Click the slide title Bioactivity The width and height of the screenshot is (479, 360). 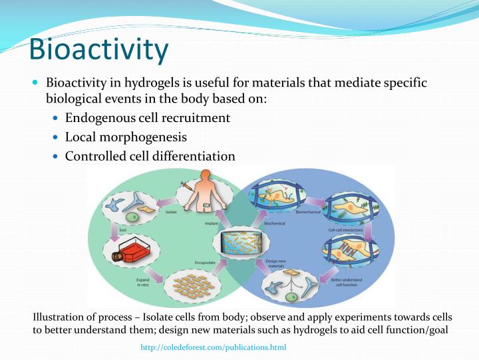[x=100, y=50]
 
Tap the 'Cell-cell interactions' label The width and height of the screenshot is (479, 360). [x=345, y=230]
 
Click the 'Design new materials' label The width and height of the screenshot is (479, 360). [x=275, y=263]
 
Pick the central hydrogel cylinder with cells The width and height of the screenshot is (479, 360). [x=239, y=245]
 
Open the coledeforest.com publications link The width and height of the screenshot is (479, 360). [x=213, y=347]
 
